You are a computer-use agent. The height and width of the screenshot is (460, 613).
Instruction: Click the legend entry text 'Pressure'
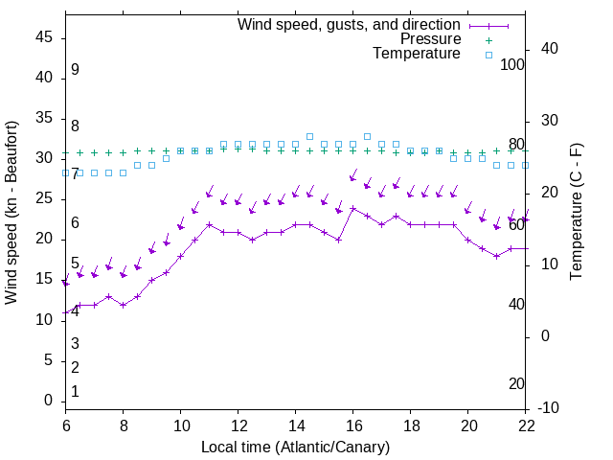430,39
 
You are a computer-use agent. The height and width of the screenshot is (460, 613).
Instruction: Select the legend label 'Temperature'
417,54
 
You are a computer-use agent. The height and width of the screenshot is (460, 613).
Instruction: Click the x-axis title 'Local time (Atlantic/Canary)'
295,448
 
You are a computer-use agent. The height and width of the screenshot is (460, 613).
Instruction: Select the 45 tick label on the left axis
44,36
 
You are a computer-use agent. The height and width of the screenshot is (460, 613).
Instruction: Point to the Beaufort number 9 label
75,70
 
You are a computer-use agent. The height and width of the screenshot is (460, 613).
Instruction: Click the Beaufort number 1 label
75,392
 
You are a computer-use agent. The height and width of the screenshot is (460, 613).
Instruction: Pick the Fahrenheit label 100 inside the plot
512,64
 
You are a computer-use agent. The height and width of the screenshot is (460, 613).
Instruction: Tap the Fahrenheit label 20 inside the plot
516,384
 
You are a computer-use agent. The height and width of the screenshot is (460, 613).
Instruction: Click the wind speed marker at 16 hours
352,208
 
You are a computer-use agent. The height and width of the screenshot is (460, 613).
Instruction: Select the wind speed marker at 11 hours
209,224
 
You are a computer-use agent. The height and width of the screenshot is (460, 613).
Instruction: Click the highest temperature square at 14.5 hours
309,137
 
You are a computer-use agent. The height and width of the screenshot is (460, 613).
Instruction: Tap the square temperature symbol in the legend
488,55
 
